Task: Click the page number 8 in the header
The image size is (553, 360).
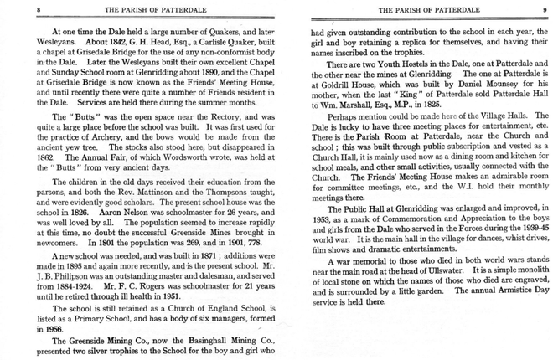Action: [15, 10]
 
